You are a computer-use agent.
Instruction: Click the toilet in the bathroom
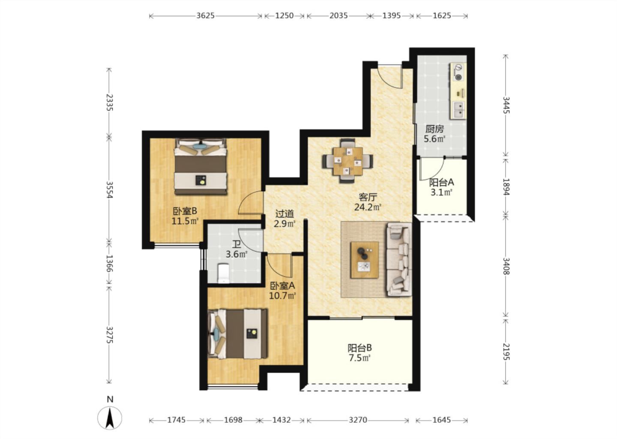coord(223,273)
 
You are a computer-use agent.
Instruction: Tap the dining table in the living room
coord(348,161)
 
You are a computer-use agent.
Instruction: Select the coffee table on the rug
coord(364,260)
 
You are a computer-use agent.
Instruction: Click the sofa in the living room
coord(399,259)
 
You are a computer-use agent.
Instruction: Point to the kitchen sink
coord(458,110)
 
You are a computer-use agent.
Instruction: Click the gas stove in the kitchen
coord(458,72)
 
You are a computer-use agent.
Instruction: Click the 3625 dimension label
coord(205,16)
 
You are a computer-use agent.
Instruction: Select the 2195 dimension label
coord(506,352)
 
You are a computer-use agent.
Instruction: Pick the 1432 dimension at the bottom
coord(282,420)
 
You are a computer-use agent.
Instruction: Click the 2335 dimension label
coord(110,102)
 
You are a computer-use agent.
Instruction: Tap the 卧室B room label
coord(185,211)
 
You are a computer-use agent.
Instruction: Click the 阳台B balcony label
coord(359,348)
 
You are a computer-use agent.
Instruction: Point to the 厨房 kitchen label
coord(434,129)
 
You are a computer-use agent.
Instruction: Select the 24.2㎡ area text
coord(368,207)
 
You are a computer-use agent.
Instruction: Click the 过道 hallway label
coord(285,213)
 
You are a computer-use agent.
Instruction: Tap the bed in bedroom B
coord(201,166)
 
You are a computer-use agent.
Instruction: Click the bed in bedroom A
coord(237,334)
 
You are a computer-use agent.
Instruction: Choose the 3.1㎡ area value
coord(441,192)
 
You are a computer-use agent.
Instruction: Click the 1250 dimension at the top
coord(284,16)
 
